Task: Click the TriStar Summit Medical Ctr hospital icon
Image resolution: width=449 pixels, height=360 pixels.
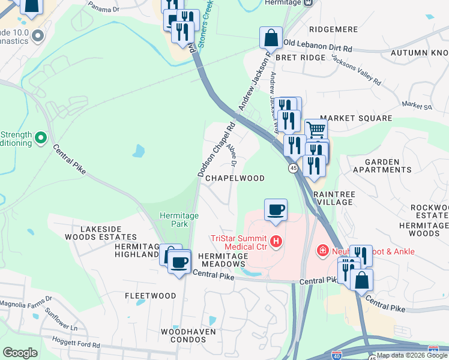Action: click(276, 242)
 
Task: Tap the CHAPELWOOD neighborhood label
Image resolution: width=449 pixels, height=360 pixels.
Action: click(235, 178)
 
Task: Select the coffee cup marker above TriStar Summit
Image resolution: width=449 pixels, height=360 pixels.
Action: click(276, 210)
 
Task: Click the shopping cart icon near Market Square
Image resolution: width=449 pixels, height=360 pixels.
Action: click(316, 128)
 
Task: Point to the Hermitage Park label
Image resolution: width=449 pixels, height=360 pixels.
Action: click(174, 219)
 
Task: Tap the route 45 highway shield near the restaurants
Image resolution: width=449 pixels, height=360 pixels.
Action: click(293, 169)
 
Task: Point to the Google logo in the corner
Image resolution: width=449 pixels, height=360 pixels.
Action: click(20, 353)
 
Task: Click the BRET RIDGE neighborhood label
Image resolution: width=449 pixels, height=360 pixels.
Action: click(300, 58)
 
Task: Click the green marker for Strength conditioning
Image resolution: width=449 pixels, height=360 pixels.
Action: click(41, 139)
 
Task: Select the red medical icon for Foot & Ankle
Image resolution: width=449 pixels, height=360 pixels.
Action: click(322, 250)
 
